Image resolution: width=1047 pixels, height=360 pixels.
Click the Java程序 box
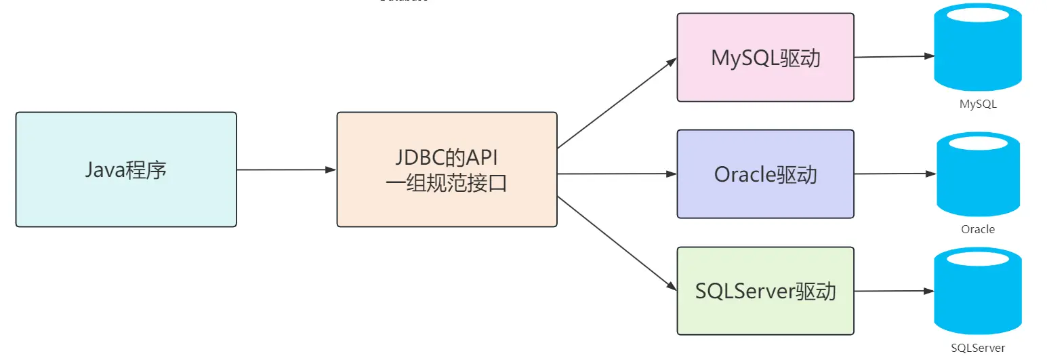126,169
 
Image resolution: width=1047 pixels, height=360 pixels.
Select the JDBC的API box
447,169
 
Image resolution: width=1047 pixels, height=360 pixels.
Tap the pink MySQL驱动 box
765,58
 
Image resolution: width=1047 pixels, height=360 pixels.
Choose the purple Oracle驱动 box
765,174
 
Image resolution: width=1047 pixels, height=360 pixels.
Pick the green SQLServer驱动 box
765,291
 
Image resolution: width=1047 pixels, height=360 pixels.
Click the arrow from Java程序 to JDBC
286,169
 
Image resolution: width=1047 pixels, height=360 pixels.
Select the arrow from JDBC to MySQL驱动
616,103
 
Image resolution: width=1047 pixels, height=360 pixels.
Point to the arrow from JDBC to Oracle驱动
616,174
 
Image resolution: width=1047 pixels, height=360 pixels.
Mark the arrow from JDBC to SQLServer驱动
616,243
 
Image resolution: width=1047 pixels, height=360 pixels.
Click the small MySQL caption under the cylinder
978,104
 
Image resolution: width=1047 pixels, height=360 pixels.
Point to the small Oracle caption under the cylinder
978,229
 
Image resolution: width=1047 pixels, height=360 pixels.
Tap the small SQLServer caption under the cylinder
978,348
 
